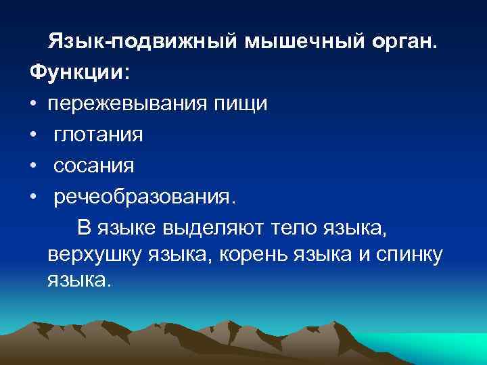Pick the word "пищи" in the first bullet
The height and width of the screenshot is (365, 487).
tap(246, 104)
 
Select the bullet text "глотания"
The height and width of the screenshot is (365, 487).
tap(99, 135)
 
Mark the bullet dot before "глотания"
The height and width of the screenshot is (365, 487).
tap(33, 135)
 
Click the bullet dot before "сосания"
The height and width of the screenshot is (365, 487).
tap(33, 166)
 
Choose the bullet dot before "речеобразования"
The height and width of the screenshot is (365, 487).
tap(33, 196)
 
